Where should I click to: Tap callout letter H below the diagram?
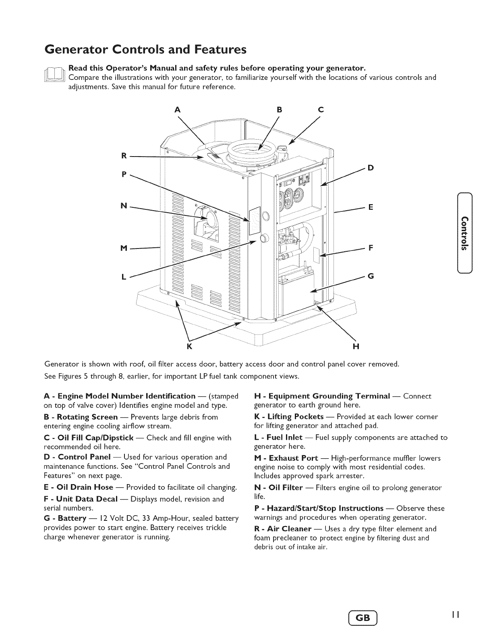pos(356,347)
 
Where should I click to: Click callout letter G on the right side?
pos(371,276)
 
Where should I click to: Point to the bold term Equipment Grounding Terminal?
pos(329,396)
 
